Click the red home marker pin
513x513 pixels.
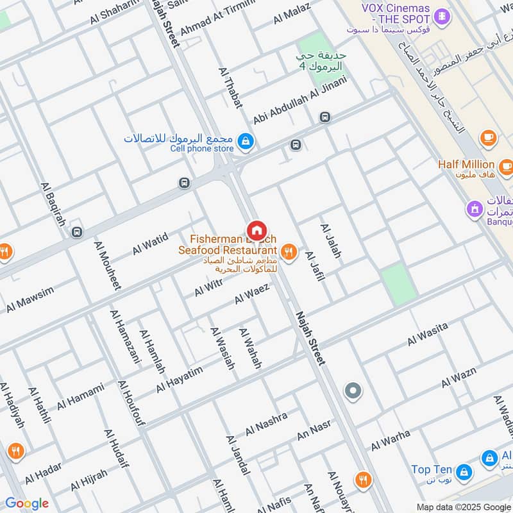tap(256, 230)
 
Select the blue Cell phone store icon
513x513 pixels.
tap(245, 140)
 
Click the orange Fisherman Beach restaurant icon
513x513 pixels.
tap(289, 251)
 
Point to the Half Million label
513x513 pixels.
tap(466, 165)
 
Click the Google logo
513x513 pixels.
tap(27, 503)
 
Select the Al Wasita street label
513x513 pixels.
tap(428, 335)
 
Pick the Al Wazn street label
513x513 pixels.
tap(461, 378)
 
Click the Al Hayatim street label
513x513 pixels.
tap(179, 380)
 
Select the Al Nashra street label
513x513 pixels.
tap(266, 423)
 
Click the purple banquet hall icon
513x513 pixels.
tap(475, 208)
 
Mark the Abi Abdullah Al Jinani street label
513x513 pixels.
tap(299, 101)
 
